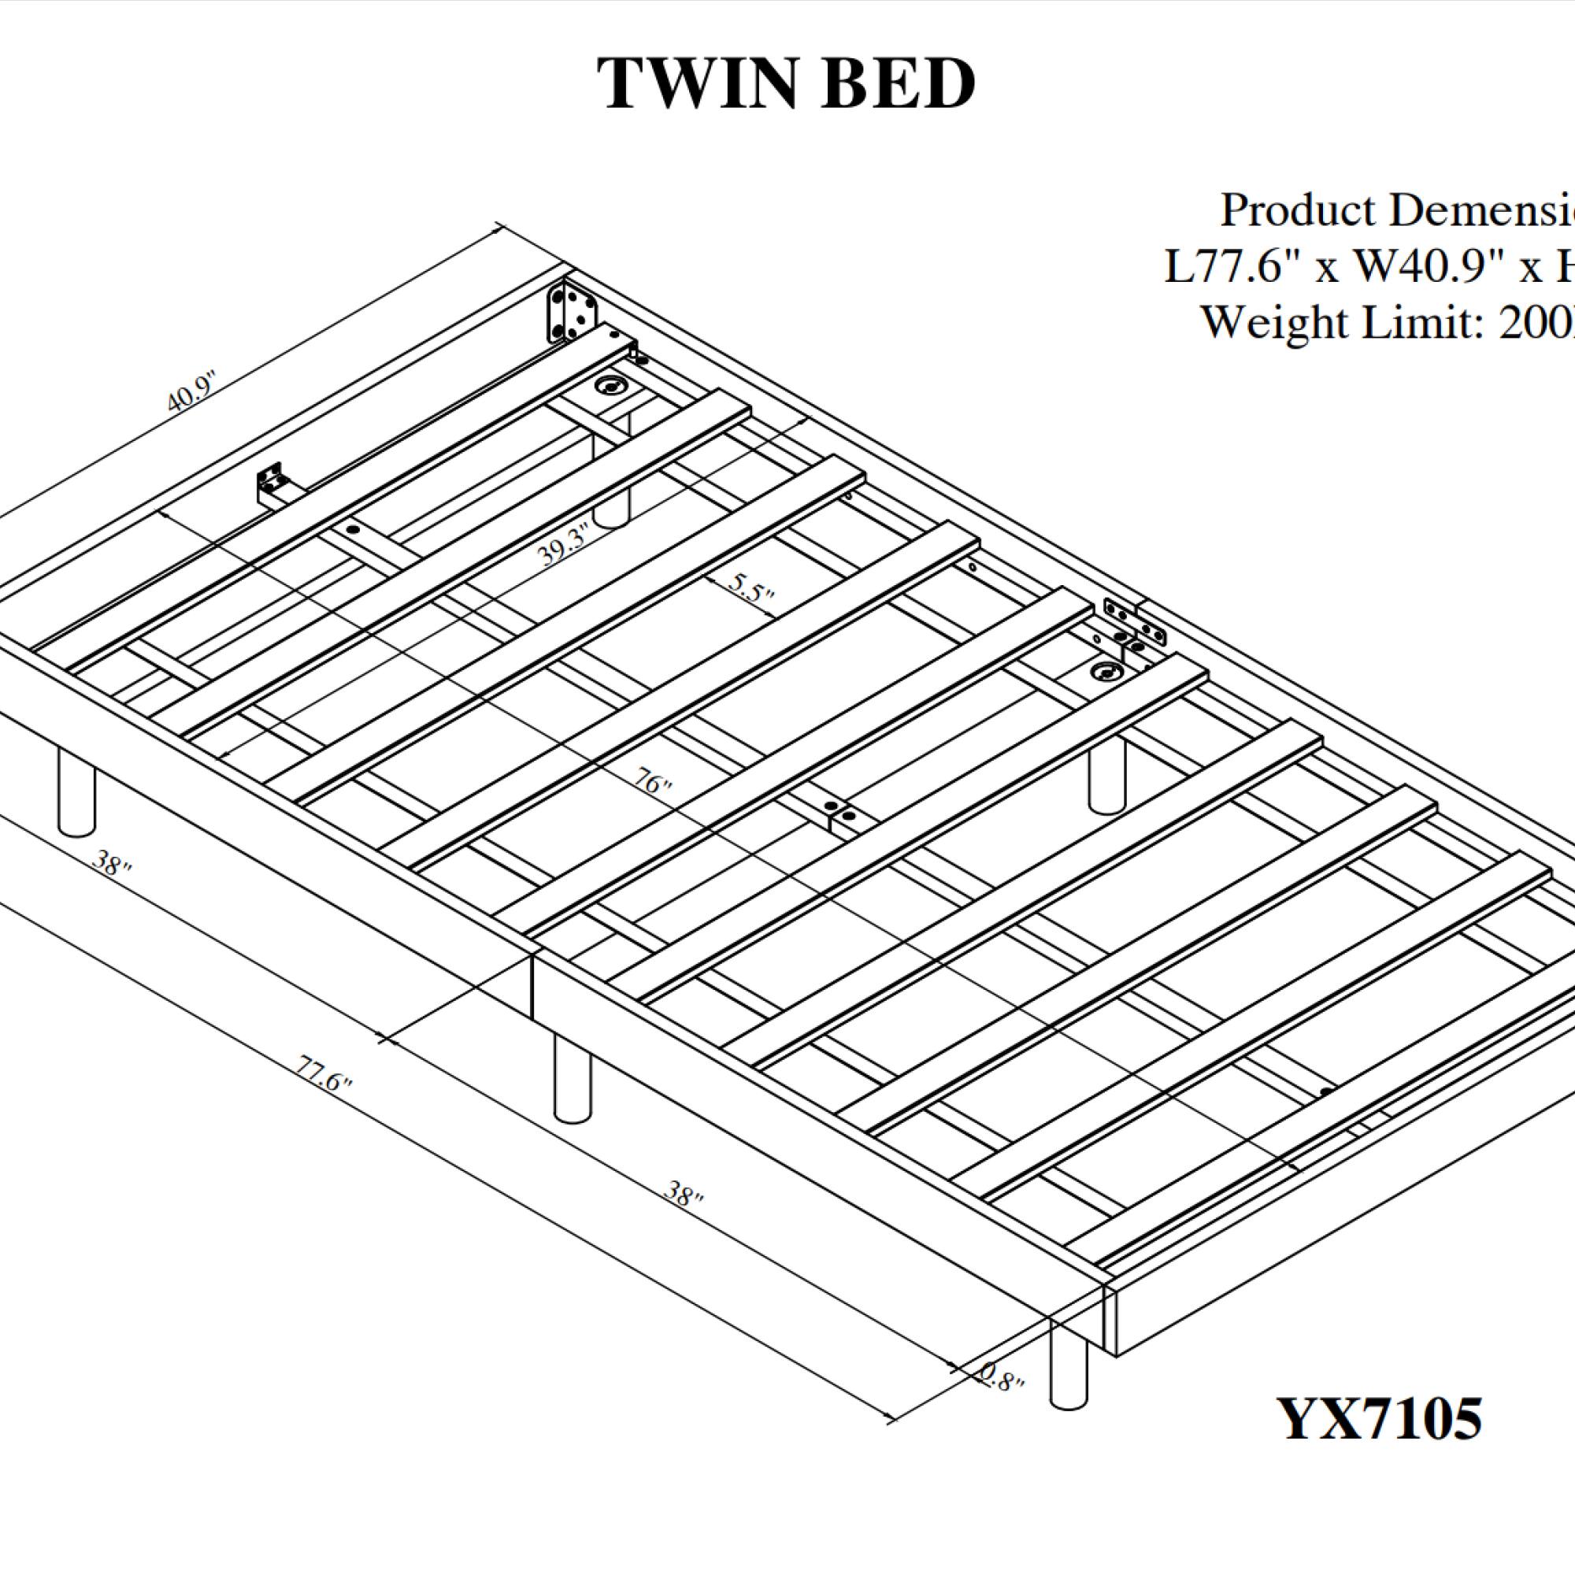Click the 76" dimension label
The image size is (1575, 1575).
(x=652, y=783)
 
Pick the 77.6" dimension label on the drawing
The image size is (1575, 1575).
(x=324, y=1073)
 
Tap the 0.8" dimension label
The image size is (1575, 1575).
(x=1000, y=1377)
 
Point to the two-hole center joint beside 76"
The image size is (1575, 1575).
(x=839, y=812)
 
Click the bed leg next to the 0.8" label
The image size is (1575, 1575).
(x=1069, y=1366)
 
